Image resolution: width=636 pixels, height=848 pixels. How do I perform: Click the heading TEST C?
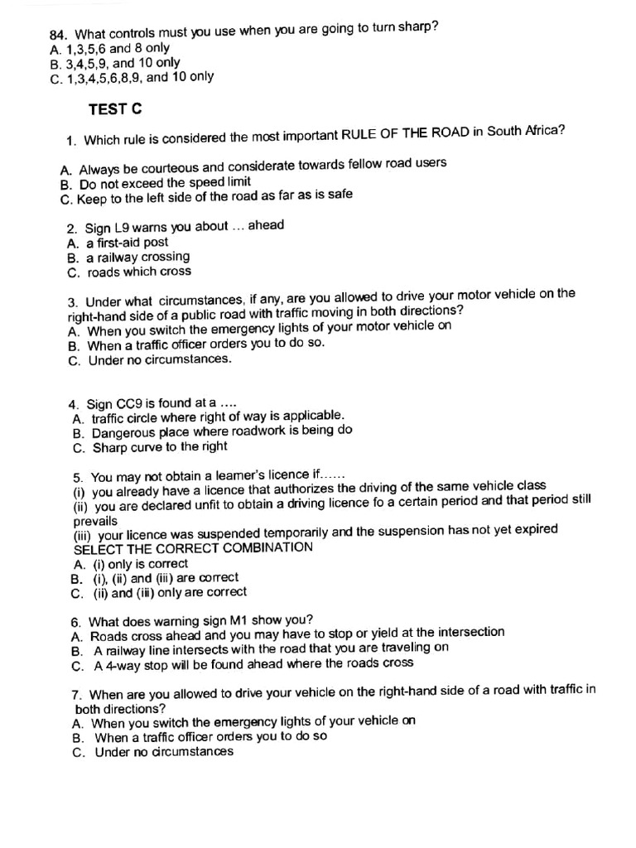coord(115,108)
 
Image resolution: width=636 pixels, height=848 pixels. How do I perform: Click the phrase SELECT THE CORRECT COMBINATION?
coord(193,547)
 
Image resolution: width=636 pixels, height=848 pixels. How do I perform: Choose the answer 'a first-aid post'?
coord(127,243)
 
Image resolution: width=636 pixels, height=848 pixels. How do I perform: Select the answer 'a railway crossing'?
coord(137,257)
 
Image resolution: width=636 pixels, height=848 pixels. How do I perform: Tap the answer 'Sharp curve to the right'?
coord(160,447)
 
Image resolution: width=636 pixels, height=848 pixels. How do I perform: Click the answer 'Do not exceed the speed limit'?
coord(165,182)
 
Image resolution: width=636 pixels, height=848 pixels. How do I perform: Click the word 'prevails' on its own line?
coord(95,521)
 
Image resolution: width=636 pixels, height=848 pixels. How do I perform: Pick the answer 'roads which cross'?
coord(139,272)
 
